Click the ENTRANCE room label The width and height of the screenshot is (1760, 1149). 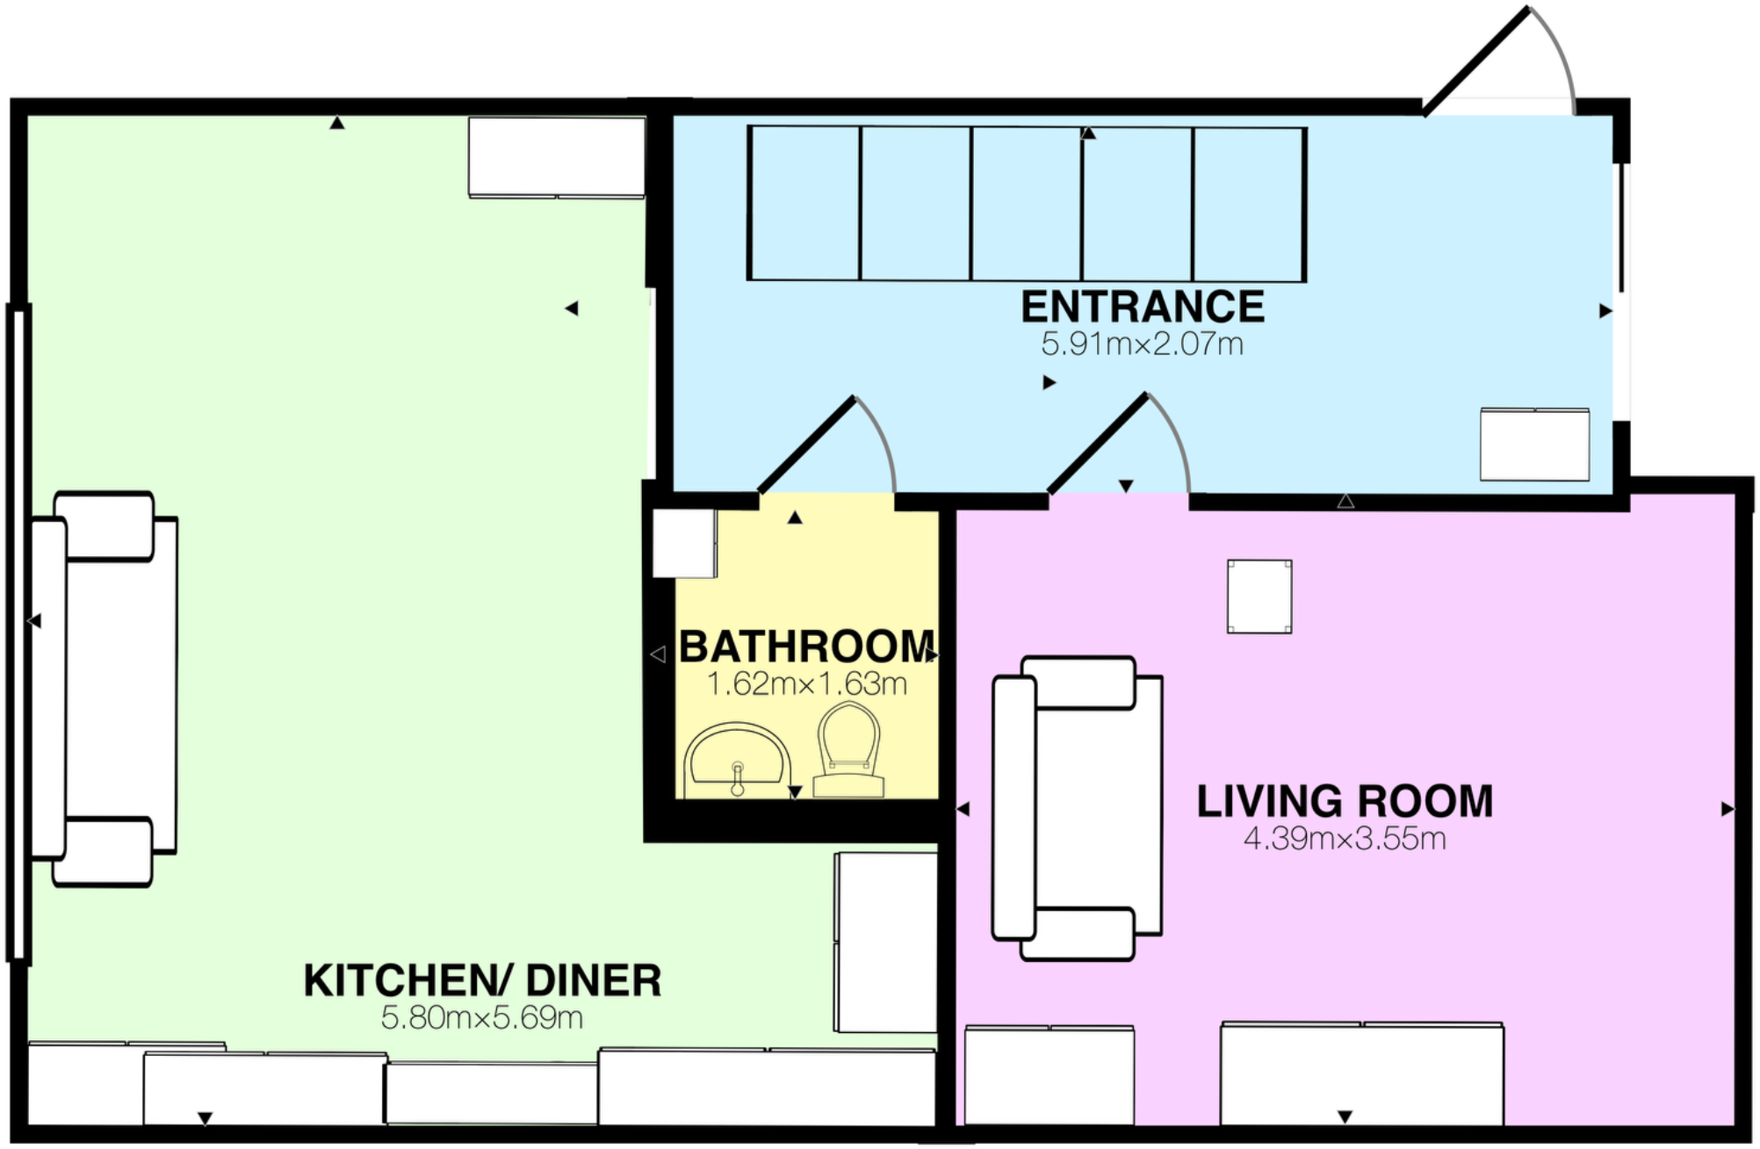(1142, 307)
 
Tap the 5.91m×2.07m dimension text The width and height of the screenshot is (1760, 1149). (1142, 344)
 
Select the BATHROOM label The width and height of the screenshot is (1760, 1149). (806, 647)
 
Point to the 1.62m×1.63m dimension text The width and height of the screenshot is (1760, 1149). (806, 684)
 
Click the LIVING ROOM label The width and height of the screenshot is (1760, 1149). (1344, 802)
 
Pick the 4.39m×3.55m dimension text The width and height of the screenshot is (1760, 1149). (1344, 839)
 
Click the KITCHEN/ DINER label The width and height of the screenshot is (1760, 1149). (482, 981)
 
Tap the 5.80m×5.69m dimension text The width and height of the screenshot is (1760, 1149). (482, 1018)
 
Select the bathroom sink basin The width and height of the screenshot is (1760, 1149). (737, 757)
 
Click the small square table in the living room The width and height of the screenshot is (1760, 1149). (1259, 596)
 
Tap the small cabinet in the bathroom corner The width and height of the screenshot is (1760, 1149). (683, 543)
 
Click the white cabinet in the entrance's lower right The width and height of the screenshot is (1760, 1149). (1534, 444)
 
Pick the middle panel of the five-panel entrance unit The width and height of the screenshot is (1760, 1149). (1026, 204)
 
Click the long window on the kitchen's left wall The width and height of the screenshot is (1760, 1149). (18, 632)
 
